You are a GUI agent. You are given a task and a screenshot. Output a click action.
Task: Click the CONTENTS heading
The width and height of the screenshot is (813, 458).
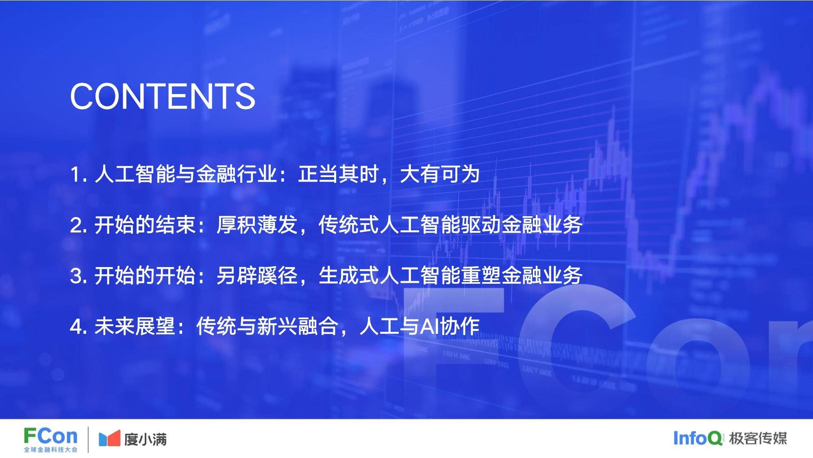(163, 96)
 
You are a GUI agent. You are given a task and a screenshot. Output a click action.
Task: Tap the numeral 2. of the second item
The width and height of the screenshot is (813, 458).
(78, 226)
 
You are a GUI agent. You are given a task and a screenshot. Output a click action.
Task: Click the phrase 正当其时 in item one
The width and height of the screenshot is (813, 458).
(338, 175)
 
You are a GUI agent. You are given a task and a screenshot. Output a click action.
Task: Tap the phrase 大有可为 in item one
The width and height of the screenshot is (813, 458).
(440, 175)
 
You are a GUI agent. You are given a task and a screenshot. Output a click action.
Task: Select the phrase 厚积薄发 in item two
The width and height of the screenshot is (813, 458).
(257, 225)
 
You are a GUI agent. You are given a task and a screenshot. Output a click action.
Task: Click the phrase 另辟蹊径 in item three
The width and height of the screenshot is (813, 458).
(257, 276)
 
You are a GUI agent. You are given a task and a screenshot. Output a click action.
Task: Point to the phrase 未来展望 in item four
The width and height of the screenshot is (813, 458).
(135, 327)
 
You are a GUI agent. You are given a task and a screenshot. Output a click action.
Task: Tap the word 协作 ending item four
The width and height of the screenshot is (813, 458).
(460, 327)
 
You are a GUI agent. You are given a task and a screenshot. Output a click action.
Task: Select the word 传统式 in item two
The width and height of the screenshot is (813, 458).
(349, 225)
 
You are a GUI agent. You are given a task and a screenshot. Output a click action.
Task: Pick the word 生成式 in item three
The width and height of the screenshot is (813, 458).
(349, 276)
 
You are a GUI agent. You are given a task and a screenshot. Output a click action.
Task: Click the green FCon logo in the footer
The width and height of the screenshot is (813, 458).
(50, 436)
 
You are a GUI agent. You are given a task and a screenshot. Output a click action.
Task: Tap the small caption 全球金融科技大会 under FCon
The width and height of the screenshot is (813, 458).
(50, 450)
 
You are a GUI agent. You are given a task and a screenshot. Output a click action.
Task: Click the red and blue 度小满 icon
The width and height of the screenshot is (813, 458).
(109, 438)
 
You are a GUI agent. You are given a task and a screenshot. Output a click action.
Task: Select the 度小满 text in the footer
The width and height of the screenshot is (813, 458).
(146, 439)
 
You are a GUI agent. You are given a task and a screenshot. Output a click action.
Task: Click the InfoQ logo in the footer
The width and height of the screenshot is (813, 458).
(698, 438)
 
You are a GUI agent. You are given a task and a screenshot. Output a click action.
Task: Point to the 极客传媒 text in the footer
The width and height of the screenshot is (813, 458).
(758, 438)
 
